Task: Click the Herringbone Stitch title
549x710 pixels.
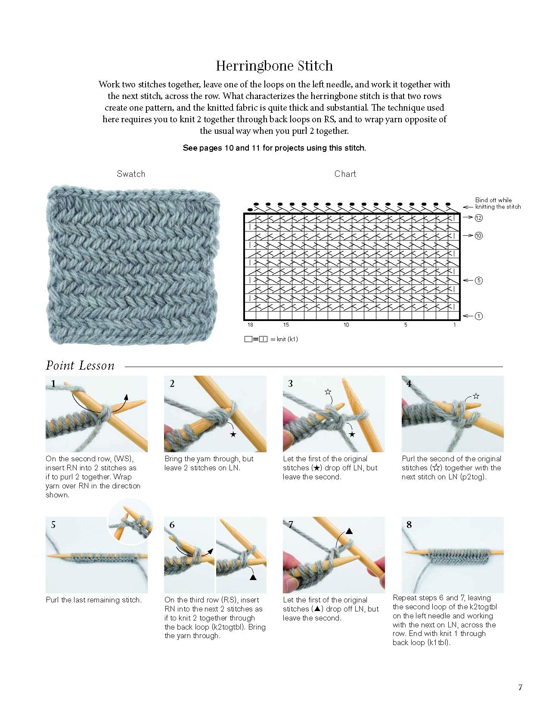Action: click(274, 66)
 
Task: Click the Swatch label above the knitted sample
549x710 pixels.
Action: click(131, 174)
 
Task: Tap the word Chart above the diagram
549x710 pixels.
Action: click(345, 174)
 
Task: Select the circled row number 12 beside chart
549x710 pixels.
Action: click(479, 218)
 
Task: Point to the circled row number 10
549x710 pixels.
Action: click(479, 236)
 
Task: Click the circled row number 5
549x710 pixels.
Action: click(479, 281)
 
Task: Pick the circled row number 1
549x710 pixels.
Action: click(479, 316)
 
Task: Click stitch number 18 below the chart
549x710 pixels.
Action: click(250, 325)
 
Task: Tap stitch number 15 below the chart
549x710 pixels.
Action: click(286, 325)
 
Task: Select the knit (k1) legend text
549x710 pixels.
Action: click(287, 339)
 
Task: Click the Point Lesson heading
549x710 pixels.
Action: click(80, 366)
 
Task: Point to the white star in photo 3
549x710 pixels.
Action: click(328, 392)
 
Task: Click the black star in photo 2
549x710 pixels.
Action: click(233, 435)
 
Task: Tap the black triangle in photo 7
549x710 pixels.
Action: click(349, 531)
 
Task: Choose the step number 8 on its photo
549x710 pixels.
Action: click(409, 525)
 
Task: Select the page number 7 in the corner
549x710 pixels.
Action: click(520, 687)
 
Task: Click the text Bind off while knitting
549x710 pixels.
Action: click(497, 203)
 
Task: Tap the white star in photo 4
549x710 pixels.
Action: click(476, 396)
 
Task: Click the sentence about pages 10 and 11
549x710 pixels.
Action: click(274, 148)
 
